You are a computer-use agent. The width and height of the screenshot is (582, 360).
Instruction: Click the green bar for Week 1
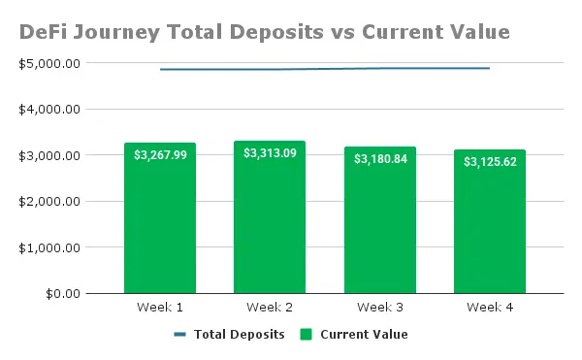click(160, 218)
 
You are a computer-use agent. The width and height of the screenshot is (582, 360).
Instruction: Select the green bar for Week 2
click(270, 217)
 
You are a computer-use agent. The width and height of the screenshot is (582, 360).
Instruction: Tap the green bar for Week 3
click(380, 220)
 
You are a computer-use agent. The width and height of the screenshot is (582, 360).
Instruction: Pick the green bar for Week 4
click(490, 221)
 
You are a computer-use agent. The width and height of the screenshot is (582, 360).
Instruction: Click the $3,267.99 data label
click(160, 154)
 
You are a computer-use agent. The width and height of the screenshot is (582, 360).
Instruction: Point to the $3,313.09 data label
click(270, 153)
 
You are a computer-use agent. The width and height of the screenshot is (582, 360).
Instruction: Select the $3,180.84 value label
click(380, 159)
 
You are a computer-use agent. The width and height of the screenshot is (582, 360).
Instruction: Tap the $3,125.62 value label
click(490, 162)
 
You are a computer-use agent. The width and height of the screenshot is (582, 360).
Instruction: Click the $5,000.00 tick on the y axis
click(49, 64)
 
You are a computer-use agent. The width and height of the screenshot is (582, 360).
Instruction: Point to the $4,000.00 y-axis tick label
click(49, 110)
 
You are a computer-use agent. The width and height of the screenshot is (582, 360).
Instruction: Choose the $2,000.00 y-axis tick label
click(49, 202)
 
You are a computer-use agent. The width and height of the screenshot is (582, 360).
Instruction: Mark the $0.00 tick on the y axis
click(63, 294)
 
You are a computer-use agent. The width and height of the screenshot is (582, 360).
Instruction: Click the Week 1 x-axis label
click(160, 308)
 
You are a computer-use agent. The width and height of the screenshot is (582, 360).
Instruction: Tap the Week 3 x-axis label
click(380, 308)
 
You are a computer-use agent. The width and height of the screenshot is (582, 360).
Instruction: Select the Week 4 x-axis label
click(490, 308)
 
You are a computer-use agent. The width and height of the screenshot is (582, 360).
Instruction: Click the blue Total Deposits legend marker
click(180, 335)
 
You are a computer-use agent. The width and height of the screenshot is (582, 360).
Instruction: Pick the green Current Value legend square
click(307, 335)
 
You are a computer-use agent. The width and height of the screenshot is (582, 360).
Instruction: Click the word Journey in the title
click(116, 33)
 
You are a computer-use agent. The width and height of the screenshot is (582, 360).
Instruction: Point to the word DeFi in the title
click(43, 32)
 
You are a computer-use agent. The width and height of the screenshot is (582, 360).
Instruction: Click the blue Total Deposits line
click(325, 69)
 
